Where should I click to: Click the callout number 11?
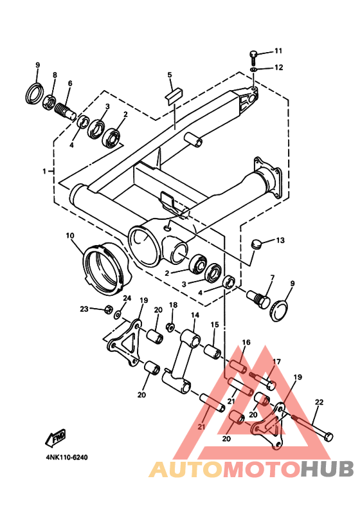(x=278, y=51)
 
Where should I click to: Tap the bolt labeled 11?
(x=254, y=58)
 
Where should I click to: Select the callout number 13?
(x=280, y=241)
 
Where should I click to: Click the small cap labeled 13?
(x=257, y=244)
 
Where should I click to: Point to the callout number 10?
(x=70, y=235)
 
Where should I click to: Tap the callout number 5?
(x=170, y=75)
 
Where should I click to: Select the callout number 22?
(x=319, y=403)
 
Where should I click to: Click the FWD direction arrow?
(x=56, y=437)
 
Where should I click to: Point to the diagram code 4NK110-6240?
(x=67, y=457)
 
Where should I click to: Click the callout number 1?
(x=44, y=171)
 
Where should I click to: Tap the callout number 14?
(x=195, y=315)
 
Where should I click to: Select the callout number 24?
(x=127, y=298)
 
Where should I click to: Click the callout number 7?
(x=272, y=277)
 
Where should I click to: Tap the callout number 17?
(x=276, y=361)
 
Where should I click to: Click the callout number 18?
(x=174, y=305)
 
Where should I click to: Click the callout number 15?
(x=215, y=325)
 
